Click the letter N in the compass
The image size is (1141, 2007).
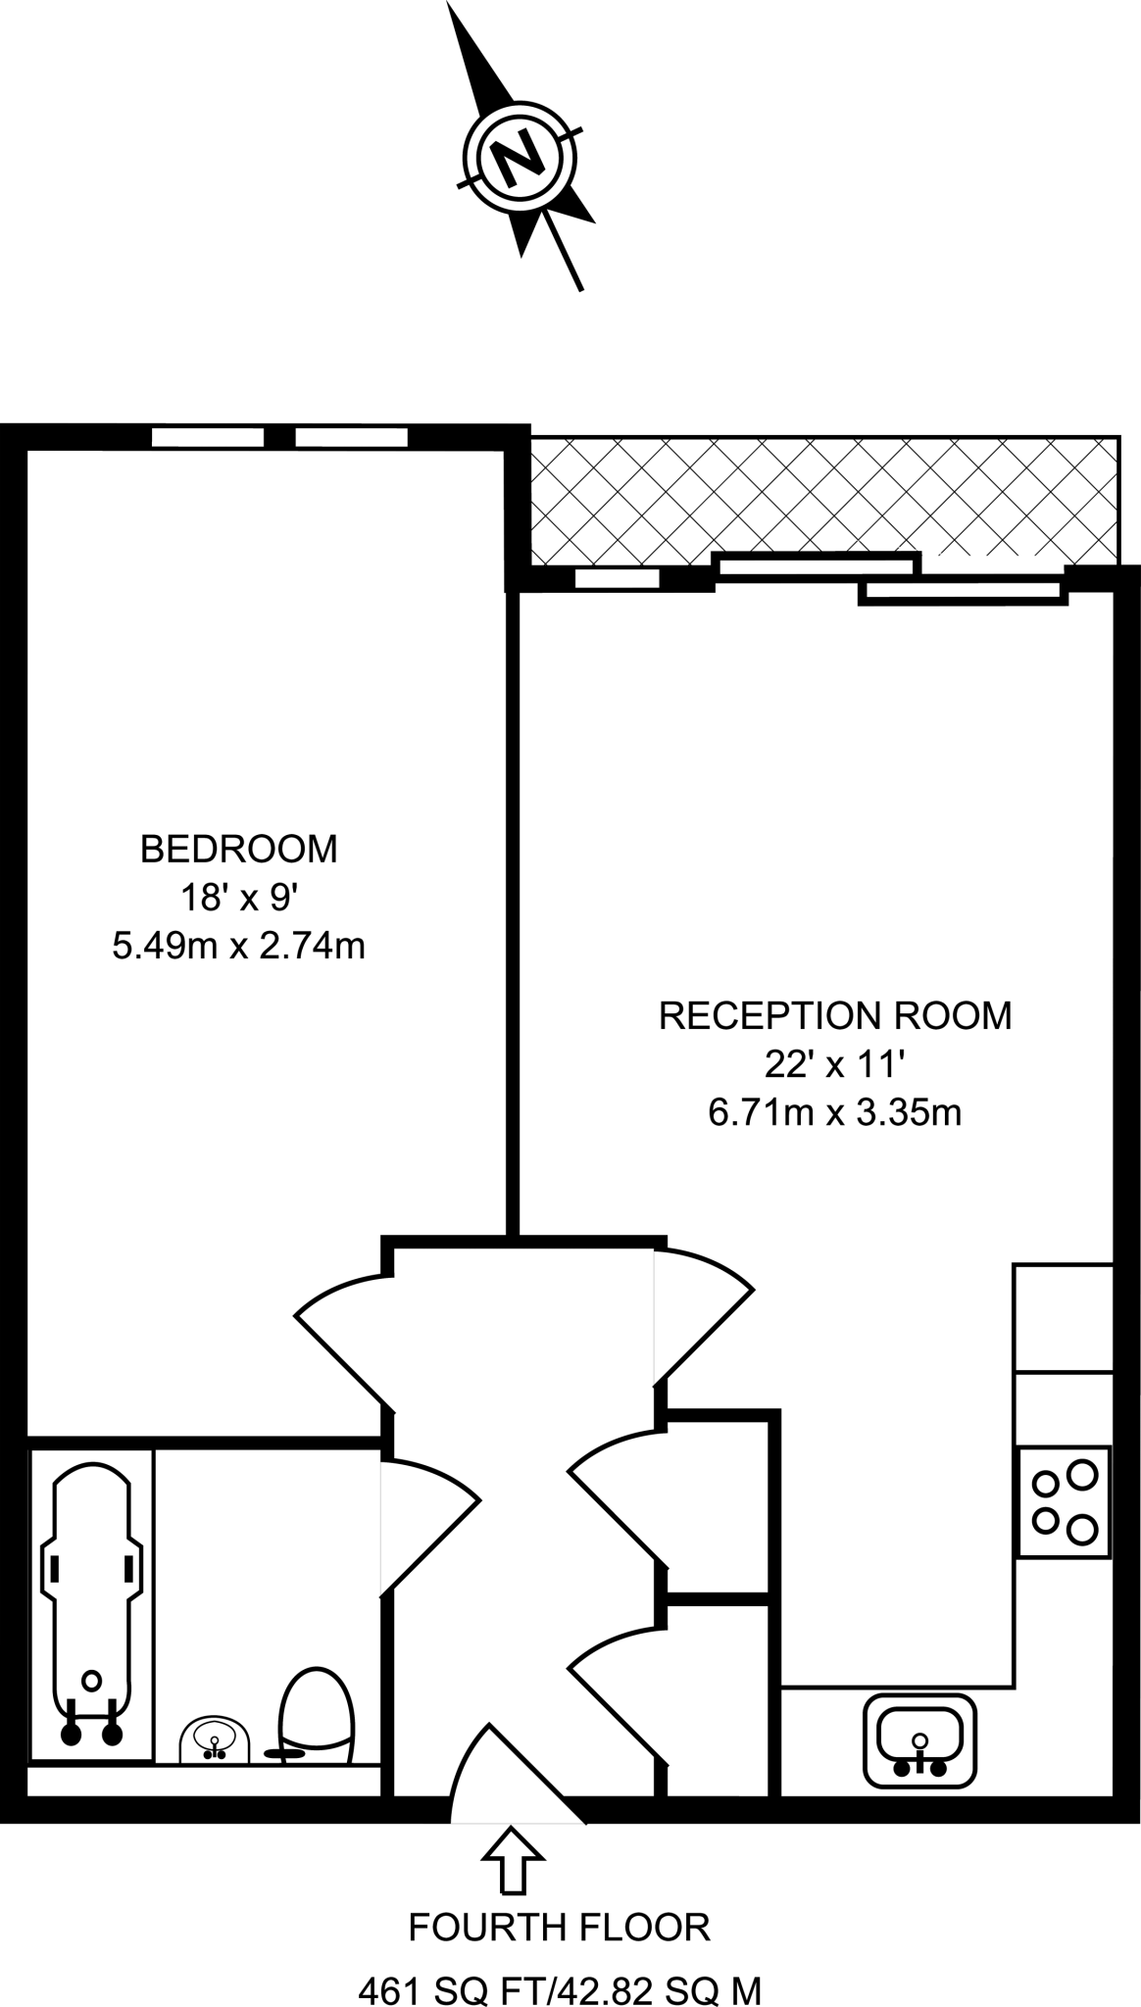520,159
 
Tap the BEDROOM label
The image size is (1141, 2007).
239,849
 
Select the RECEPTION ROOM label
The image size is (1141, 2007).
835,1015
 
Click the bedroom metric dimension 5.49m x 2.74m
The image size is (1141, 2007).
239,947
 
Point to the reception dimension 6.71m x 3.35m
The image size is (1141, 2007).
835,1113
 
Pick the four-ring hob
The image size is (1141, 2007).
1065,1501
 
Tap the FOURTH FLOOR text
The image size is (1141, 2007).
559,1927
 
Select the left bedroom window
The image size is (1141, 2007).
208,437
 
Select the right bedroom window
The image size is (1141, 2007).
351,437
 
